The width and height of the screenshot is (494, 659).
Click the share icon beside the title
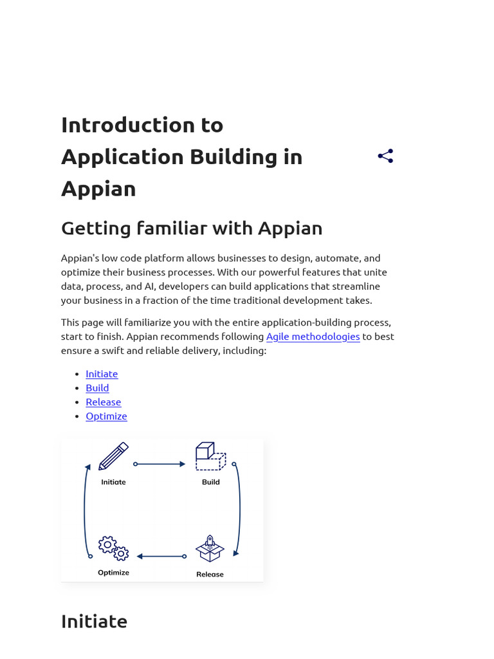point(385,156)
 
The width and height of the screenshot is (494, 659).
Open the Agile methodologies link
point(313,337)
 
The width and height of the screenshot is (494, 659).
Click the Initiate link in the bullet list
point(102,374)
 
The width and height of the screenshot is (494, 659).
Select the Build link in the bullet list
point(97,388)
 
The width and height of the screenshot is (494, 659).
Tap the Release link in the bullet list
point(103,402)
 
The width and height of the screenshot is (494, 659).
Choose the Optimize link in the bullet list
point(106,416)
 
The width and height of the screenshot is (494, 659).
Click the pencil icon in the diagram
point(113,456)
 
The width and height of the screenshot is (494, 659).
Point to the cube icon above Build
point(210,456)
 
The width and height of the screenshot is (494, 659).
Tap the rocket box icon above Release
point(210,549)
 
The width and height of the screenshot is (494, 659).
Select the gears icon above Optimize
point(113,548)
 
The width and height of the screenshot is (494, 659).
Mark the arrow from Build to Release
point(239,508)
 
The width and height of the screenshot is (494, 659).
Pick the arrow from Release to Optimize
point(161,557)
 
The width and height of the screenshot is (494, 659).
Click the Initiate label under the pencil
point(113,482)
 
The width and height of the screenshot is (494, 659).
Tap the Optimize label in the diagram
point(113,573)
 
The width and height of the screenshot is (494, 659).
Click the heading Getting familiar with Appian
point(192,228)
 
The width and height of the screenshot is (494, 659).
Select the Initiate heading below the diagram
point(94,622)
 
